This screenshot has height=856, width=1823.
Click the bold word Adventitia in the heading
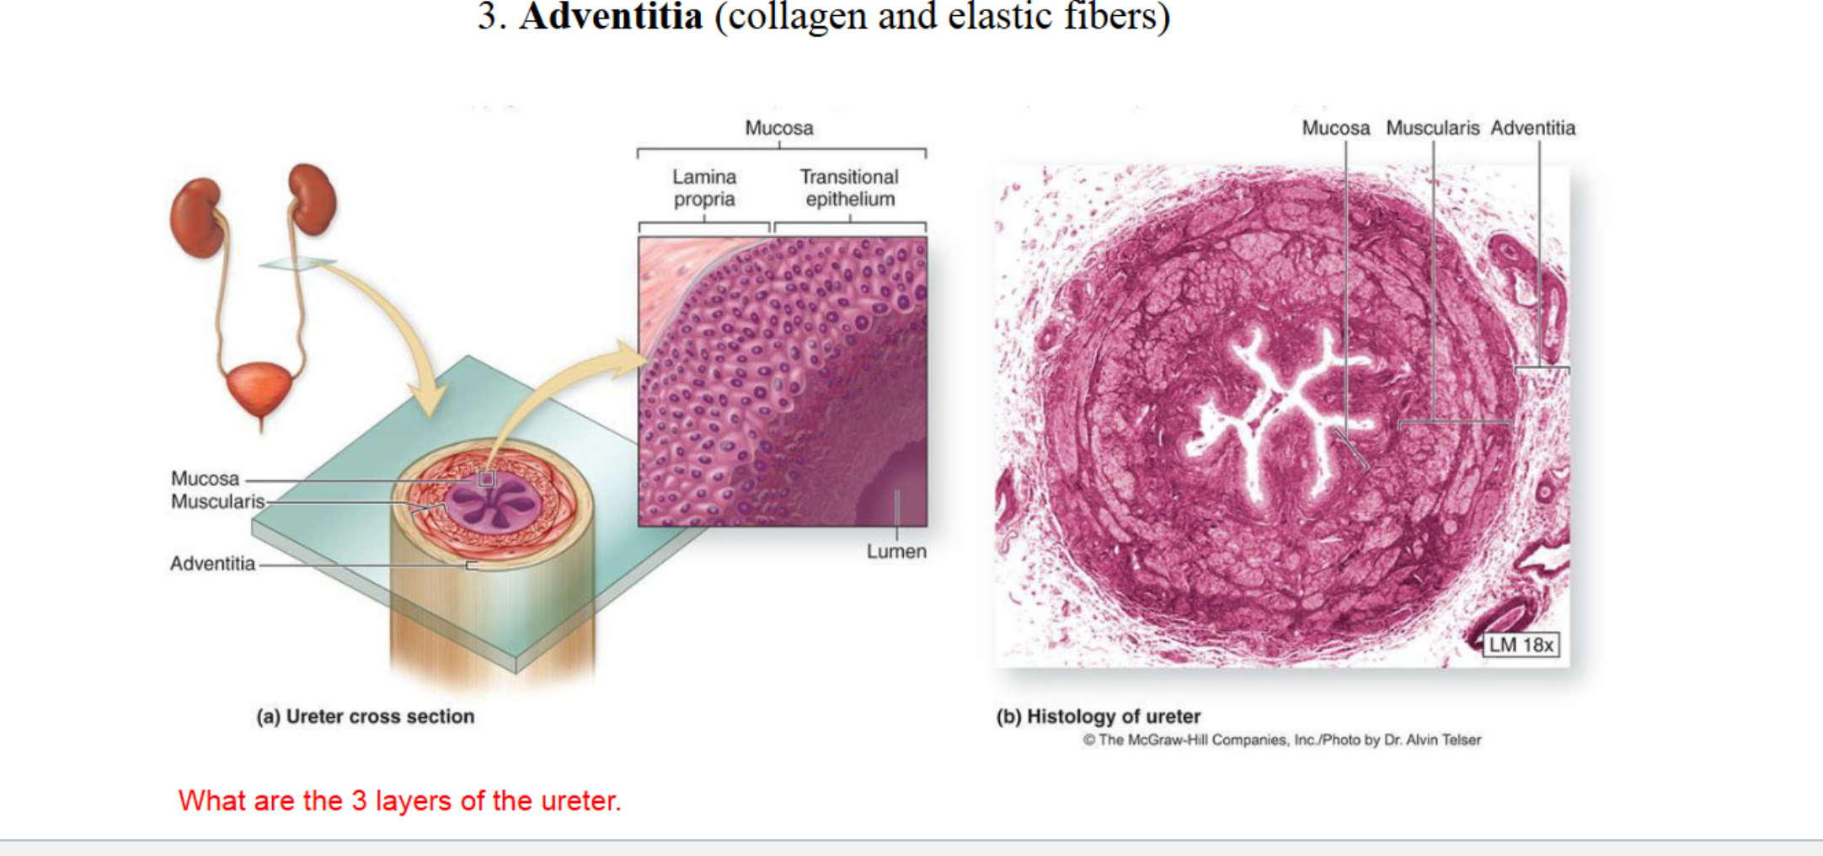pyautogui.click(x=611, y=17)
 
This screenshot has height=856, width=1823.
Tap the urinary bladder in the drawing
pyautogui.click(x=259, y=388)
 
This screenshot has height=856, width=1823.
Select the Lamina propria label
pyautogui.click(x=704, y=188)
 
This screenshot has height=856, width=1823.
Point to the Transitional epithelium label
pyautogui.click(x=849, y=188)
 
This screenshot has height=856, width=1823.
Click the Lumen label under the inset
pyautogui.click(x=896, y=551)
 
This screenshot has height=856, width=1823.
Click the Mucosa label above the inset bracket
pyautogui.click(x=779, y=128)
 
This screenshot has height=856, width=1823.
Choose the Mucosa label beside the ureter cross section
pyautogui.click(x=205, y=479)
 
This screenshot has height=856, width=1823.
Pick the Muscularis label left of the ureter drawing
pyautogui.click(x=217, y=501)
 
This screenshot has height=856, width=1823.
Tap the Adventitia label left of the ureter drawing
pyautogui.click(x=212, y=564)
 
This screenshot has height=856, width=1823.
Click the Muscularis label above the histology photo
pyautogui.click(x=1432, y=128)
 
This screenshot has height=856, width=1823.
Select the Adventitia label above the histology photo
pyautogui.click(x=1532, y=128)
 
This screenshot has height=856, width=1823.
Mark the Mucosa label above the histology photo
pyautogui.click(x=1335, y=128)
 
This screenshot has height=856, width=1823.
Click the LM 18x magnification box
pyautogui.click(x=1521, y=645)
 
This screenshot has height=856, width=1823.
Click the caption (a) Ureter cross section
pyautogui.click(x=366, y=716)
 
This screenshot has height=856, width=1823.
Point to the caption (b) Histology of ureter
pyautogui.click(x=1098, y=716)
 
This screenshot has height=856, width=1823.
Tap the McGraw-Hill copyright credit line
pyautogui.click(x=1281, y=740)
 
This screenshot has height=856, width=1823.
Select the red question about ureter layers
pyautogui.click(x=399, y=800)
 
